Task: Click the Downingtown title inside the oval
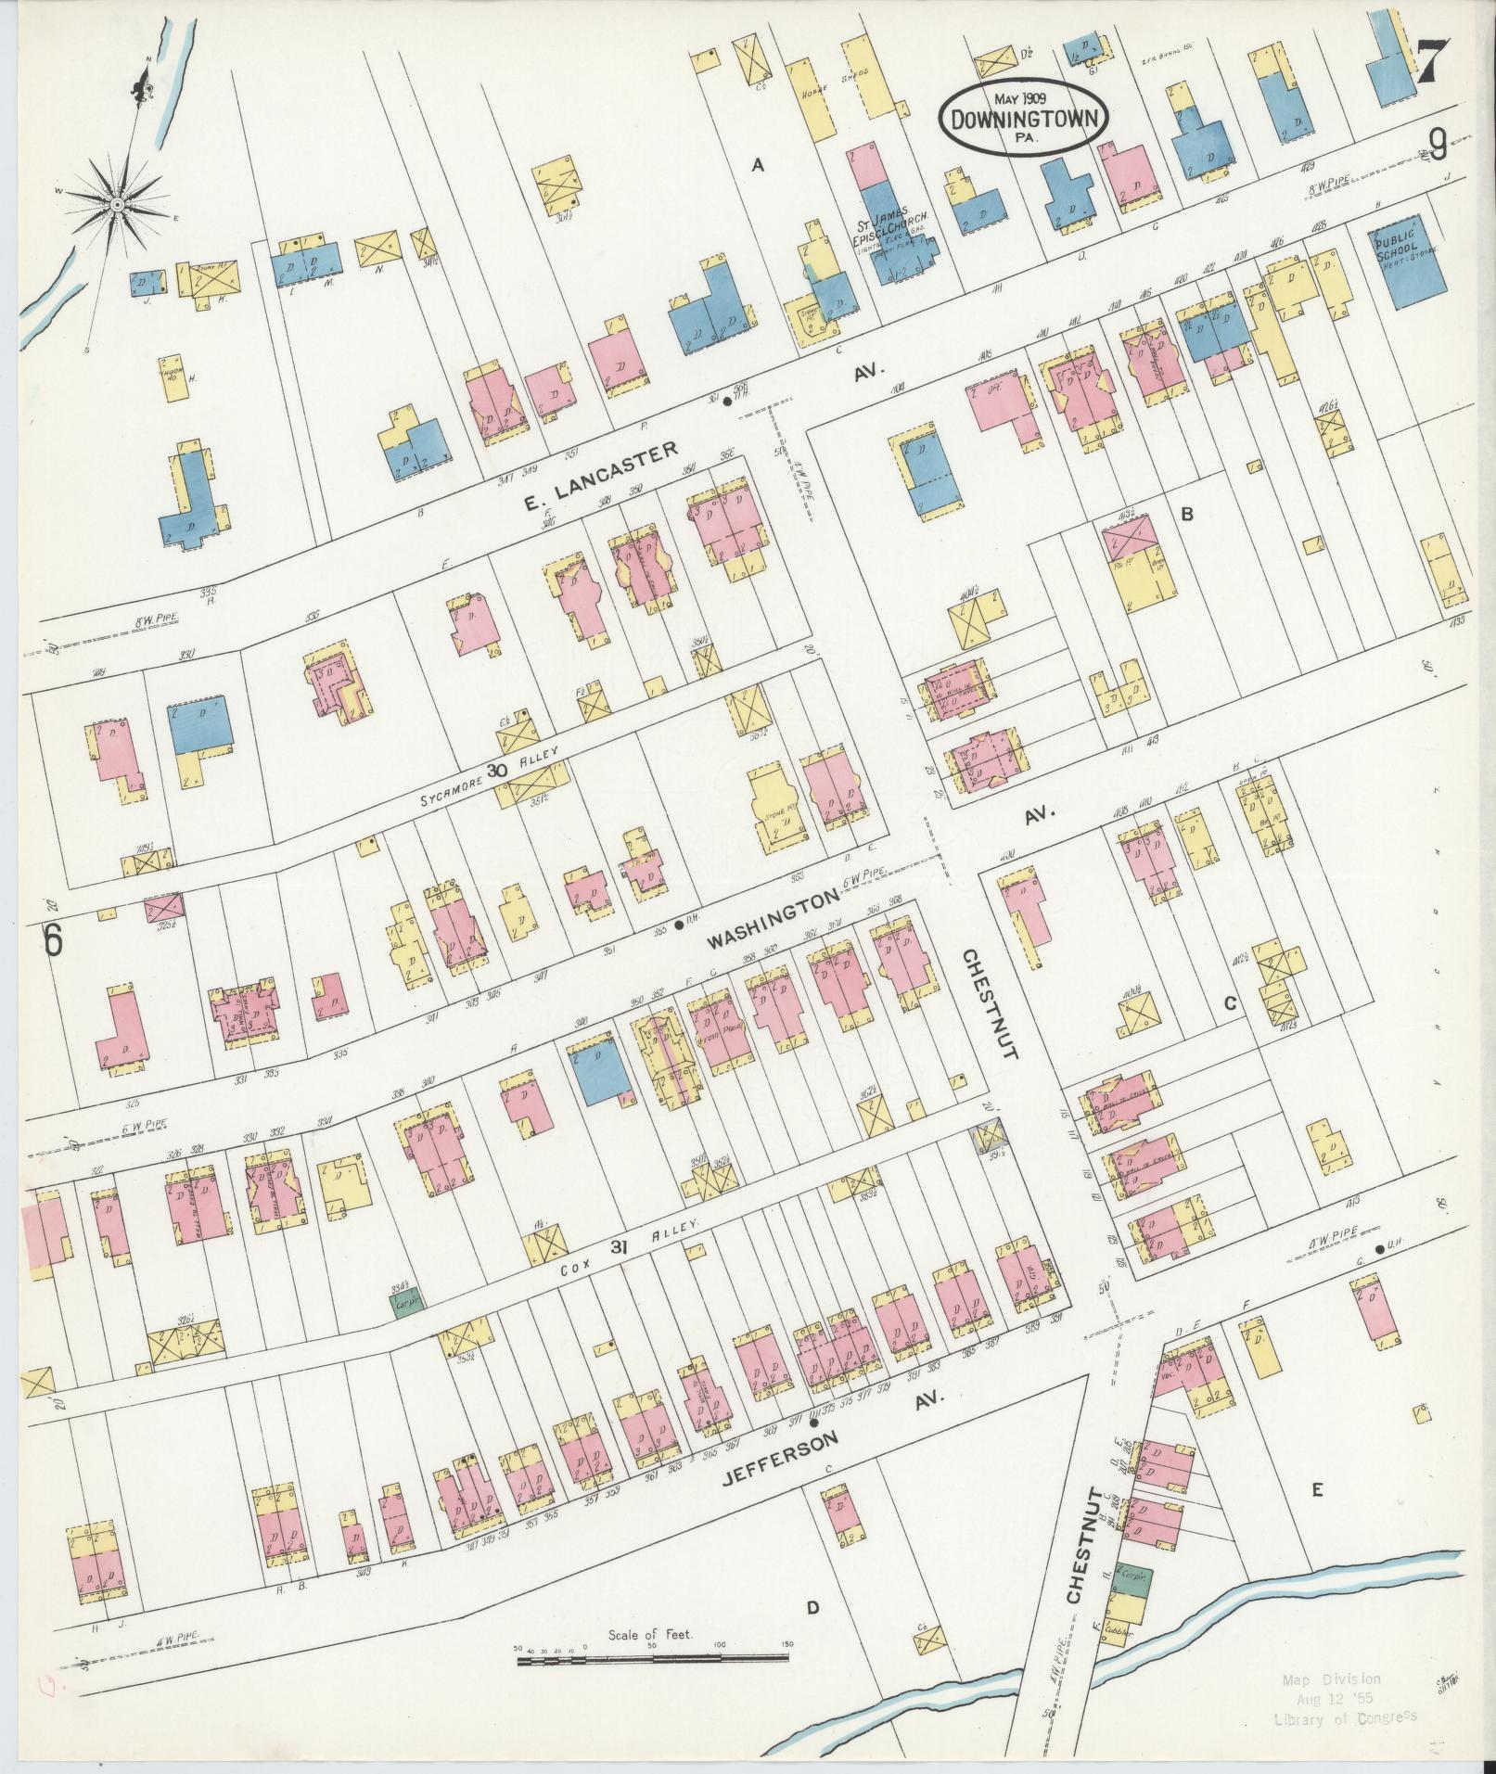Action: [x=1024, y=119]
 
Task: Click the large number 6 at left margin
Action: [x=54, y=940]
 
